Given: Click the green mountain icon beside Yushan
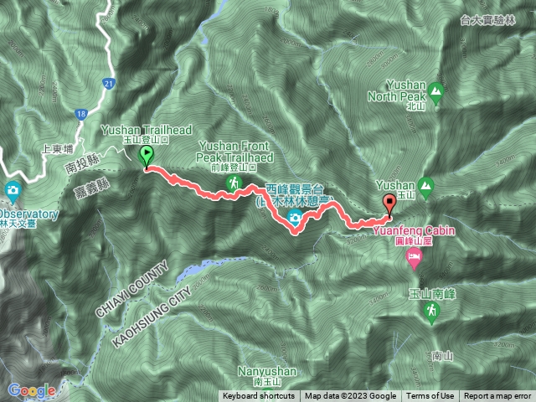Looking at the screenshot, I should coord(426,185).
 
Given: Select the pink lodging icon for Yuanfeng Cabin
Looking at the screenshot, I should coord(413,262).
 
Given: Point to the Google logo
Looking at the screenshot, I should coord(31,389).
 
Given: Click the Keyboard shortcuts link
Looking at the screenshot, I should coord(259,396).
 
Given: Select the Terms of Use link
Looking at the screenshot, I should coord(430,396).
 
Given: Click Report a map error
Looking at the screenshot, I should coord(498,396).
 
